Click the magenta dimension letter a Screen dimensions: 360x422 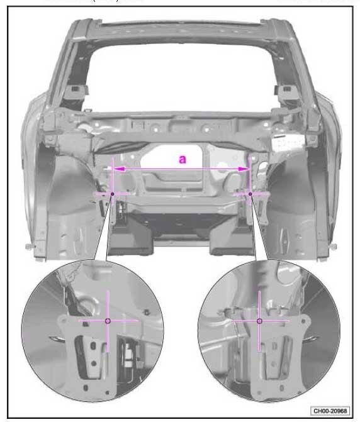(x=183, y=159)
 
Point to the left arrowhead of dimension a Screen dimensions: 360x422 (x=118, y=169)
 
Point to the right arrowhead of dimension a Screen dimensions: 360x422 (x=244, y=169)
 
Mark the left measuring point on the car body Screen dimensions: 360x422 (x=113, y=194)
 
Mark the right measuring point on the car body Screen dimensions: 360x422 (x=250, y=194)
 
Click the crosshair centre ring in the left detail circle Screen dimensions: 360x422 (x=108, y=321)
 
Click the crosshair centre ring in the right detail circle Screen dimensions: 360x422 (x=259, y=321)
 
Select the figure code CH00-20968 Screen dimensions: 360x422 (x=330, y=411)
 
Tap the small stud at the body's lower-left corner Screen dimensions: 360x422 (x=28, y=246)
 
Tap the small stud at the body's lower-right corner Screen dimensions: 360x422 (x=334, y=246)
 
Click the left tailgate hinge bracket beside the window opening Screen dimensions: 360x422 (x=76, y=91)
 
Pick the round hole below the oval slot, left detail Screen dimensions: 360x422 (x=93, y=364)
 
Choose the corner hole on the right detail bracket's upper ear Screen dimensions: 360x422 (x=304, y=321)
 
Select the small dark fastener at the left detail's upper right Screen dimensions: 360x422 (x=147, y=313)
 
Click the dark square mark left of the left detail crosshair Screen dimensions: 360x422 (x=86, y=324)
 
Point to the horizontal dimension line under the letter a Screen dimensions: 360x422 (x=181, y=169)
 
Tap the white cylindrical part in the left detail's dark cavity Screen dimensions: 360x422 (x=127, y=355)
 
